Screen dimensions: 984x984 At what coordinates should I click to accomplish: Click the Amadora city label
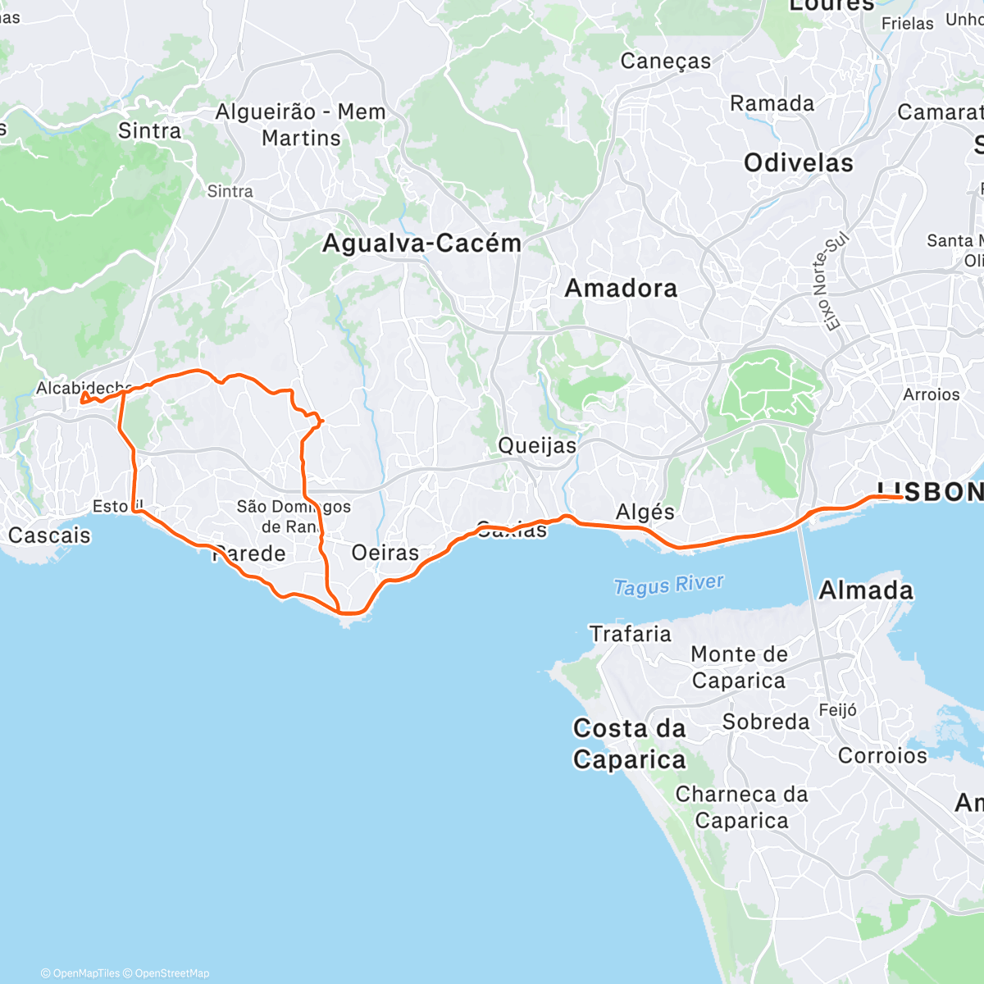click(621, 288)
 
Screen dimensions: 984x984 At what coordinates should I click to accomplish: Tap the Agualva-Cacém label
click(421, 244)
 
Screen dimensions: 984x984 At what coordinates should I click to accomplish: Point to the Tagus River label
click(668, 585)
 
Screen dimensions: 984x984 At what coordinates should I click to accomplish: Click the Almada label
click(865, 590)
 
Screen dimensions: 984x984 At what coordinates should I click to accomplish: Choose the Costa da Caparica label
click(629, 744)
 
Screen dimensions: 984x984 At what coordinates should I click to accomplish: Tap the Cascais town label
click(49, 535)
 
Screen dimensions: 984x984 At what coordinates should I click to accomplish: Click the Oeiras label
click(385, 553)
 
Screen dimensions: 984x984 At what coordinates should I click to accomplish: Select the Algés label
click(645, 512)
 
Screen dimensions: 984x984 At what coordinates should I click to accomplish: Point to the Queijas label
click(537, 445)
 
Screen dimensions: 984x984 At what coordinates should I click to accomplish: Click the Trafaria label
click(630, 634)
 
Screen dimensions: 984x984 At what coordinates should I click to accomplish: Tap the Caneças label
click(665, 61)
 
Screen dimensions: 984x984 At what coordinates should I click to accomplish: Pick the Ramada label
click(772, 104)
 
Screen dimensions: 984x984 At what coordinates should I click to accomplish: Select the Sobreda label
click(765, 722)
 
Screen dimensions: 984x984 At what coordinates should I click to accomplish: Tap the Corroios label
click(882, 755)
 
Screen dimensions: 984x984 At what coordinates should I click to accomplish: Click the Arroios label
click(931, 394)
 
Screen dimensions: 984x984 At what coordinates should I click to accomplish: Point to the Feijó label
click(837, 710)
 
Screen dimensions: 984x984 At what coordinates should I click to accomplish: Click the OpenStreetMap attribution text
click(171, 973)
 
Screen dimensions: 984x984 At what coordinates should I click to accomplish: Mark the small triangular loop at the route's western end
click(84, 399)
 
